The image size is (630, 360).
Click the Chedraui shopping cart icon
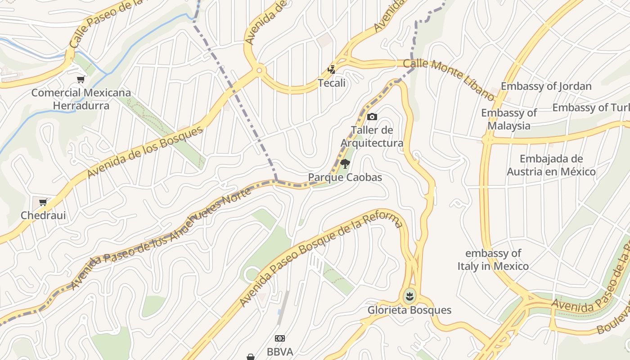click(x=43, y=202)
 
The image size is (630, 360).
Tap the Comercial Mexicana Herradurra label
click(x=81, y=99)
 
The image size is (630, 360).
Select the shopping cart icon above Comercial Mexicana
click(x=81, y=80)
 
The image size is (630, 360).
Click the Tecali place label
click(x=332, y=83)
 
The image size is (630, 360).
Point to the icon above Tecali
click(x=332, y=70)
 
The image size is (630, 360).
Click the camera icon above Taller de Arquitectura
click(x=372, y=117)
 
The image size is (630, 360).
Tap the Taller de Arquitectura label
click(x=372, y=137)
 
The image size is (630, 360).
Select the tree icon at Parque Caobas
click(x=345, y=164)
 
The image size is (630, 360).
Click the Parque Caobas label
click(x=345, y=177)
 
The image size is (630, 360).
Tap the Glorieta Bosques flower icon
click(x=409, y=297)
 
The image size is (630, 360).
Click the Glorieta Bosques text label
click(x=409, y=310)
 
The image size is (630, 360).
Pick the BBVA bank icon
click(x=280, y=338)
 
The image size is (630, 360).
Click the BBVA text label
click(x=280, y=351)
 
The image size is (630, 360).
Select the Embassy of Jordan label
click(x=546, y=86)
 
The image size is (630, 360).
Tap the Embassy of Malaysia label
click(x=509, y=119)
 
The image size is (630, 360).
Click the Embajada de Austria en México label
click(x=551, y=165)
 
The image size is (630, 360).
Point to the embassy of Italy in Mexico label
click(x=493, y=260)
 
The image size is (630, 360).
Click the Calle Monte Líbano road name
click(x=448, y=79)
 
